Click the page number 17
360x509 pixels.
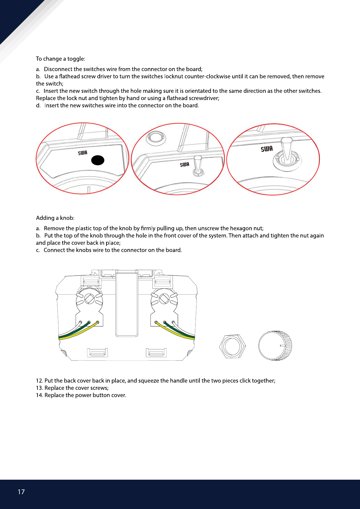[x=21, y=492]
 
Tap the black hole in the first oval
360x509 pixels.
[x=98, y=160]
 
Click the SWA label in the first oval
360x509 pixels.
[x=83, y=153]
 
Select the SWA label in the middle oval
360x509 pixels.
[x=185, y=164]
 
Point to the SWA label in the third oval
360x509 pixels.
[x=267, y=149]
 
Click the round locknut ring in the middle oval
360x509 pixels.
[x=156, y=138]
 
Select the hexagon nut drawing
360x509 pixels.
[x=232, y=346]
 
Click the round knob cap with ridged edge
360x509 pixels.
[x=275, y=345]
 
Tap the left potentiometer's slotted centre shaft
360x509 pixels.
[x=89, y=299]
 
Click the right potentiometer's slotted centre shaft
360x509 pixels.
[x=164, y=299]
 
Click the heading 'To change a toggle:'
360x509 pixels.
[x=60, y=59]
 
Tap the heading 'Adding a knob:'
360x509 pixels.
[x=55, y=218]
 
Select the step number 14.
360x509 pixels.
[x=39, y=395]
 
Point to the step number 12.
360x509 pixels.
[x=39, y=381]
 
